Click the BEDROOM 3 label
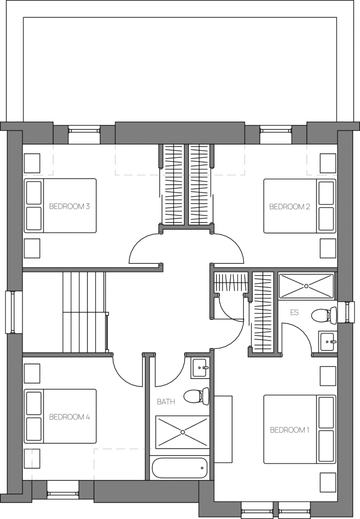tap(69, 206)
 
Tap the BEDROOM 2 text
tap(289, 206)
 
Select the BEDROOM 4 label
tap(69, 417)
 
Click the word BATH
tap(166, 401)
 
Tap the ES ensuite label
tap(294, 312)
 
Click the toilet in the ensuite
tap(324, 315)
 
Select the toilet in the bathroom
tap(196, 396)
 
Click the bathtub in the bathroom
tap(180, 468)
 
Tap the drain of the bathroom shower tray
tap(183, 432)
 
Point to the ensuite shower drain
tap(306, 286)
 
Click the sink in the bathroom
tap(200, 368)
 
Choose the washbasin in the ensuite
tap(328, 342)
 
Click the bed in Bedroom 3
tap(60, 206)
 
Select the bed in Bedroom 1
tap(300, 429)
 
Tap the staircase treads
tap(84, 312)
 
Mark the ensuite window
tap(346, 312)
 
